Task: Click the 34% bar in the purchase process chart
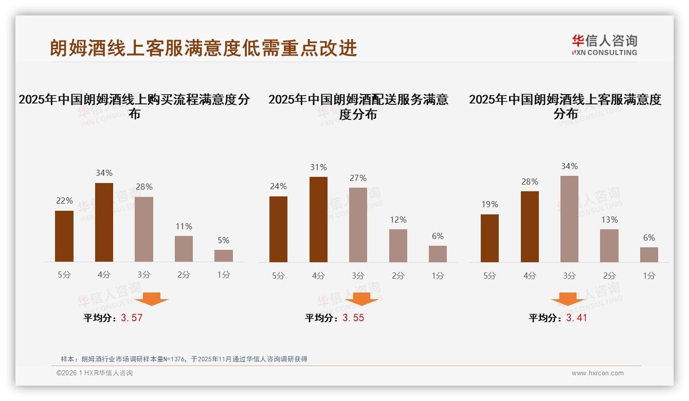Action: tap(104, 222)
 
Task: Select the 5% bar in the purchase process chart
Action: tap(223, 256)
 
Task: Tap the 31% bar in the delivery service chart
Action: tap(318, 220)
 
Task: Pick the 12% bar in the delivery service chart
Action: tap(398, 245)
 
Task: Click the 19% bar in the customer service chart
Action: tap(489, 238)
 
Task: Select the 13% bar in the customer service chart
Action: tap(609, 245)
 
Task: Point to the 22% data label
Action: tap(64, 200)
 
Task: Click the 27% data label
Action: tap(358, 178)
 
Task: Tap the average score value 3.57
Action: tap(132, 318)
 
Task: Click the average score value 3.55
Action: tap(353, 318)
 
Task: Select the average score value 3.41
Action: tap(576, 318)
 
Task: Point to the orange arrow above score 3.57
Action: tap(151, 299)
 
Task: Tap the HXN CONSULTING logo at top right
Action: tap(604, 45)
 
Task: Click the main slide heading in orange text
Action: tap(203, 48)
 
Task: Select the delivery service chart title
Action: tap(358, 106)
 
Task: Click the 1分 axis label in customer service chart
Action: tap(649, 276)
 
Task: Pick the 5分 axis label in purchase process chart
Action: tap(64, 275)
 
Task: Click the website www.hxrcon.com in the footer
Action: tap(597, 373)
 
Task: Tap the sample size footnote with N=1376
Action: tap(184, 359)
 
